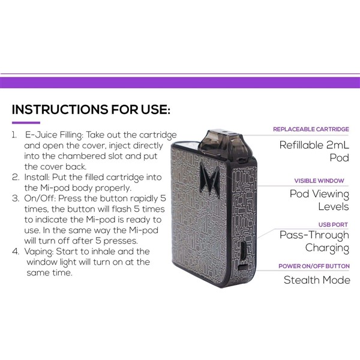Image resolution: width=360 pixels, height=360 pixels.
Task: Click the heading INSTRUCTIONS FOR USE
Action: click(x=91, y=109)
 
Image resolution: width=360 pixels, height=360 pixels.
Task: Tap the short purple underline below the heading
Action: click(x=26, y=123)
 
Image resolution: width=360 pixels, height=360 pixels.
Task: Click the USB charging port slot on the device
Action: click(x=243, y=251)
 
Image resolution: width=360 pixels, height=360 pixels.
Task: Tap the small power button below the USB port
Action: click(x=243, y=267)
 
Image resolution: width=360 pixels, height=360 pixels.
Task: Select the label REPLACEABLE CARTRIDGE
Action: click(x=311, y=129)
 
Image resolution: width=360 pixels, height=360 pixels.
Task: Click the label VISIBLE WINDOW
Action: click(x=319, y=181)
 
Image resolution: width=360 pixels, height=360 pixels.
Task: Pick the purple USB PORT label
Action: click(x=333, y=224)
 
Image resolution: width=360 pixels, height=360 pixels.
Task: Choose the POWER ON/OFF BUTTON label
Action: click(x=314, y=266)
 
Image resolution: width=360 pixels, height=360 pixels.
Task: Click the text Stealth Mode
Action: click(x=317, y=280)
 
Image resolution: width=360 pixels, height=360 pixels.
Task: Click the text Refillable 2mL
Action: click(x=314, y=145)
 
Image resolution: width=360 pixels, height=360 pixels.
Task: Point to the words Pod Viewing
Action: click(x=319, y=194)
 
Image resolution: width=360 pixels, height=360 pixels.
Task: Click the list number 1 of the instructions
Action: click(x=14, y=135)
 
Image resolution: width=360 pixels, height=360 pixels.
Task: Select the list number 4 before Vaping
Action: click(x=16, y=251)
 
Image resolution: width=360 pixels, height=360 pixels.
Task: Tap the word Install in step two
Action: click(x=37, y=177)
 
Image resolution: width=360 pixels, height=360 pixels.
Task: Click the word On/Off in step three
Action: click(x=40, y=199)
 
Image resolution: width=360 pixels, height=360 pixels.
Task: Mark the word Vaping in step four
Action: click(x=39, y=252)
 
